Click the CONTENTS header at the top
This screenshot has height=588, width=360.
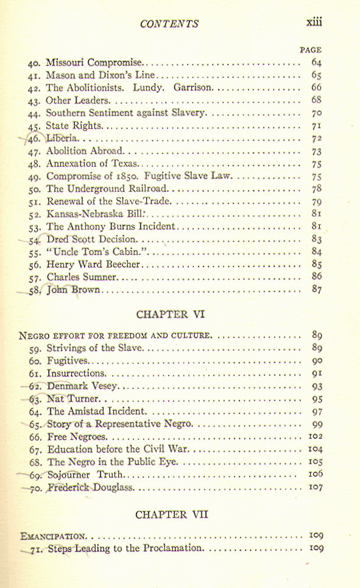(x=169, y=24)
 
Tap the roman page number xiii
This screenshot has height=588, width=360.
(x=314, y=23)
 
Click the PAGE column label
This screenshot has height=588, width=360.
(x=311, y=50)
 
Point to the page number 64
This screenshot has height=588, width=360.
(x=316, y=62)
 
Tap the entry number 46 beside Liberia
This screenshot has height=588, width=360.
(x=34, y=139)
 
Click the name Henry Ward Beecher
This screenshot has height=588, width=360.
(x=94, y=265)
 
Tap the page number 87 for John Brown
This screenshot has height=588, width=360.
(x=316, y=290)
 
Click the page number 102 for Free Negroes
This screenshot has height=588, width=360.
(x=315, y=436)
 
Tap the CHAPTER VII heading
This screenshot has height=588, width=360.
(x=172, y=514)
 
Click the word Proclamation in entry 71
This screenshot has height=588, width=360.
(x=171, y=548)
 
